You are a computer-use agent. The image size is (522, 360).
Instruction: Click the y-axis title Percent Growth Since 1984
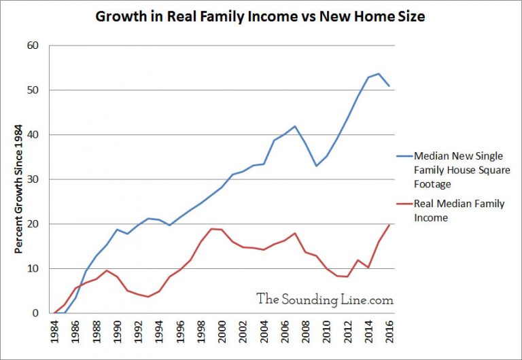click(20, 190)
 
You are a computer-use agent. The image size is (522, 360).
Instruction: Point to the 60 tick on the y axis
click(33, 46)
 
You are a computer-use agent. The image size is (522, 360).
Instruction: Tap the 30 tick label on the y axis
click(33, 179)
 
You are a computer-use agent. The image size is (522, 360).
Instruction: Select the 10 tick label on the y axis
click(33, 269)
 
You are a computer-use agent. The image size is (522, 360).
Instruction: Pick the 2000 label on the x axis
click(222, 334)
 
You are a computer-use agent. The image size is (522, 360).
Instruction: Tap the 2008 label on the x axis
click(306, 334)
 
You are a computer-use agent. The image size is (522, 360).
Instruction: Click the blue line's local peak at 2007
click(295, 126)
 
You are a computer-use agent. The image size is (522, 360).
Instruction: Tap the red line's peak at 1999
click(211, 229)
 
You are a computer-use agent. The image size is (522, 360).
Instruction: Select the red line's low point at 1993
click(148, 297)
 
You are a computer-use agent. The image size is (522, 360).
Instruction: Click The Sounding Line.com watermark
click(325, 299)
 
